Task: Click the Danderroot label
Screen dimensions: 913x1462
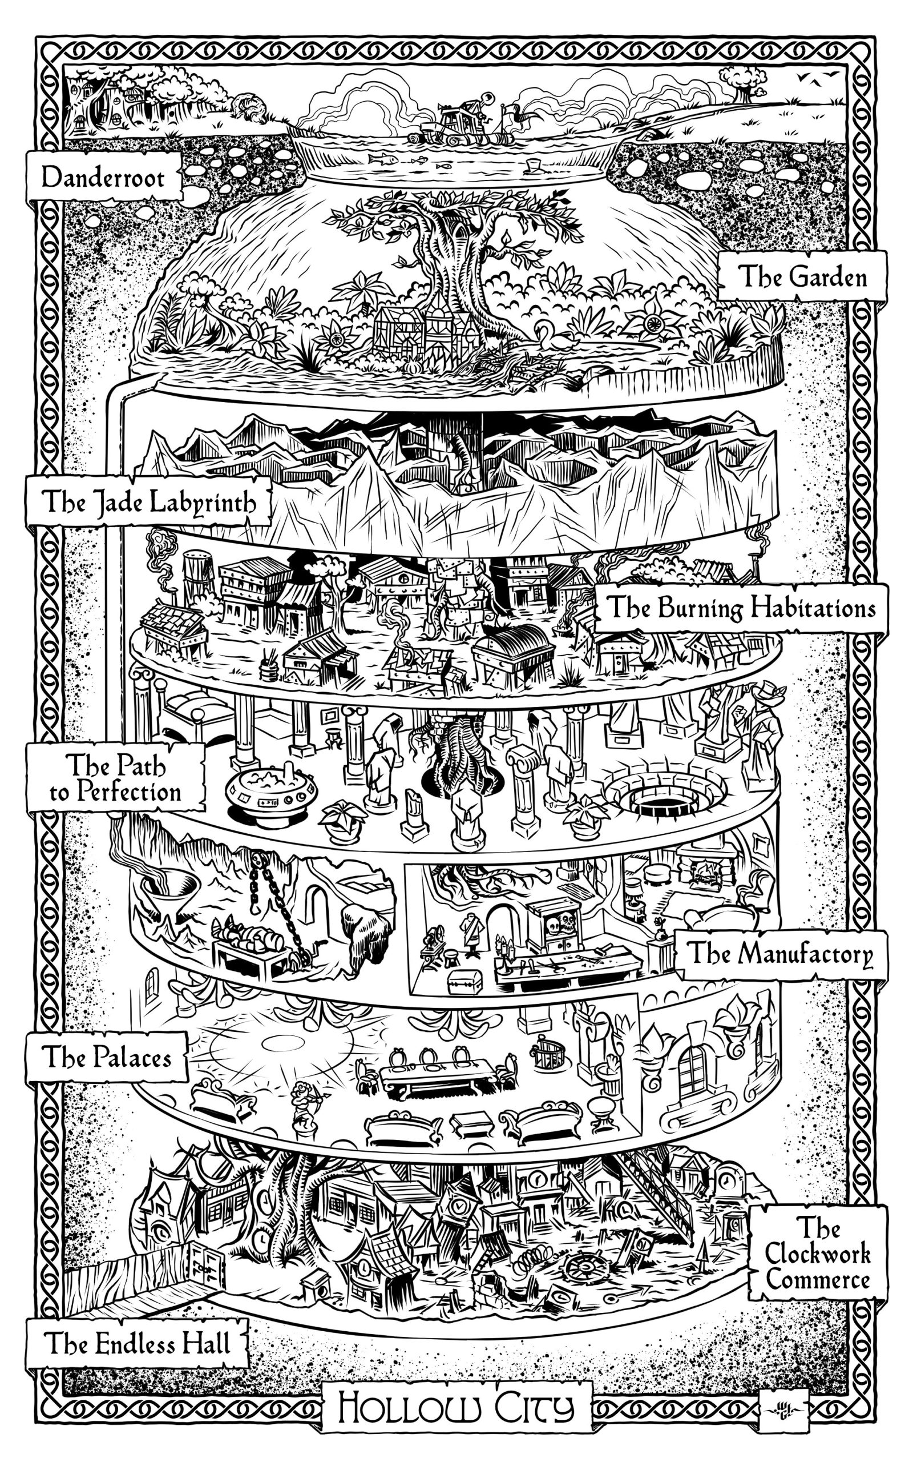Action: point(103,178)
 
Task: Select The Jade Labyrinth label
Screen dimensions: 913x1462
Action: point(148,501)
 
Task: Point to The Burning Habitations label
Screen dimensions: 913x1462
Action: point(741,608)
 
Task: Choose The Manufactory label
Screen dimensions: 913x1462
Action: point(781,954)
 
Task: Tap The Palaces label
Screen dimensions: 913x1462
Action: point(106,1057)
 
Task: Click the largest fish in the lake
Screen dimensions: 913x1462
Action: point(382,159)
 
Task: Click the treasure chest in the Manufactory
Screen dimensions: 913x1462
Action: point(464,981)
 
